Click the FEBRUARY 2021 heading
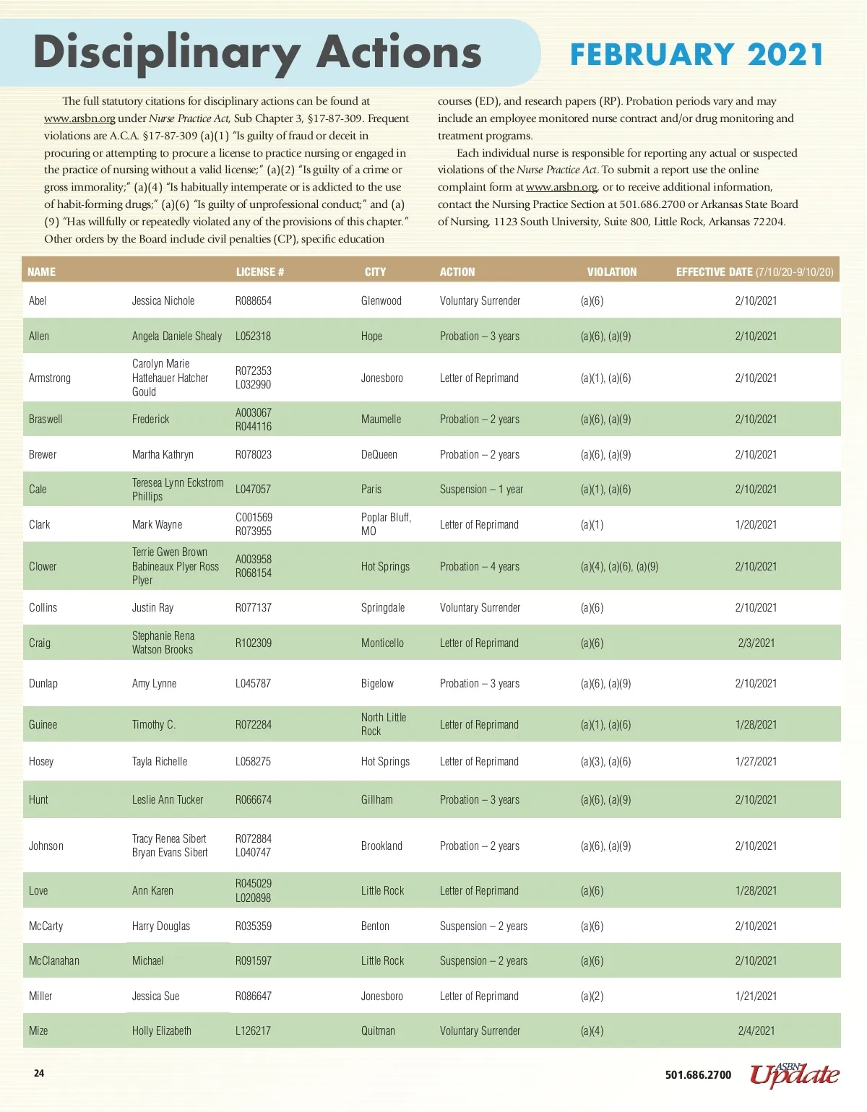(x=696, y=55)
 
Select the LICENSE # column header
(x=260, y=272)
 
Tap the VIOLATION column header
(x=612, y=272)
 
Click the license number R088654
(x=254, y=301)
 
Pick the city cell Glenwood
(x=381, y=301)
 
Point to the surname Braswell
(x=46, y=420)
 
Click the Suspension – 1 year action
(x=481, y=490)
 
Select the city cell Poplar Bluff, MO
(x=386, y=524)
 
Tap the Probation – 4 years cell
(x=480, y=567)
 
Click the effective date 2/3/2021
(x=756, y=643)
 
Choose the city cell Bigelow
(x=378, y=684)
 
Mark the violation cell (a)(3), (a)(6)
(x=605, y=762)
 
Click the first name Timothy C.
(x=154, y=725)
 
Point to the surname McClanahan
(x=54, y=961)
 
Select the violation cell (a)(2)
(x=592, y=996)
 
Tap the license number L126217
(x=253, y=1031)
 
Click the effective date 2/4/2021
(x=756, y=1031)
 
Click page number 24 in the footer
(x=39, y=1074)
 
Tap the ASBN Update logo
(x=795, y=1074)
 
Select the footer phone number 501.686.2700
(x=698, y=1075)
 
